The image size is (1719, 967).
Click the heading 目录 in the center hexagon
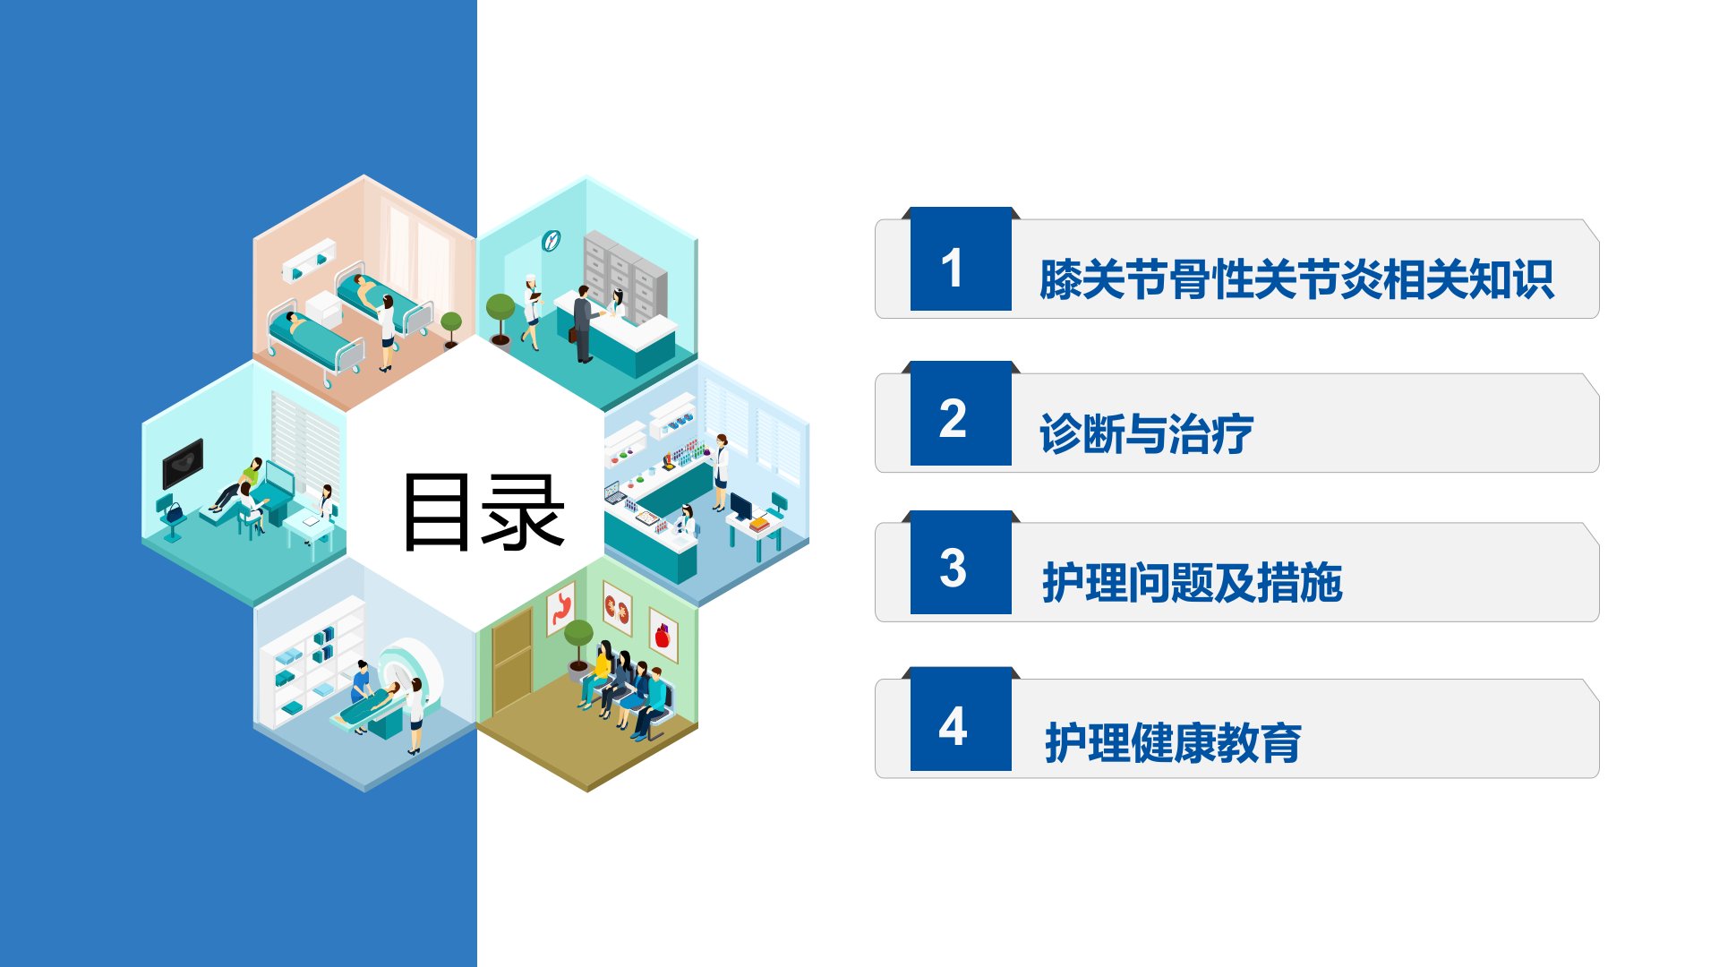tap(484, 511)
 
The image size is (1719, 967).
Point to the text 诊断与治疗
tap(1146, 434)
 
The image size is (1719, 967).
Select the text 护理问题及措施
tap(1192, 583)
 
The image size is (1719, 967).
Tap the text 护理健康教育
tap(1173, 743)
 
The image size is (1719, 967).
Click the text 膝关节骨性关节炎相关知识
tap(1296, 279)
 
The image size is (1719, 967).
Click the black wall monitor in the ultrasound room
tap(183, 463)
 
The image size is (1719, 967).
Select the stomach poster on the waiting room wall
tap(561, 609)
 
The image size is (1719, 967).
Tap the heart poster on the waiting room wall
tap(663, 635)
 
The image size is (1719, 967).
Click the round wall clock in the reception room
tap(551, 240)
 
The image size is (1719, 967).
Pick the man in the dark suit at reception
tap(583, 323)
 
